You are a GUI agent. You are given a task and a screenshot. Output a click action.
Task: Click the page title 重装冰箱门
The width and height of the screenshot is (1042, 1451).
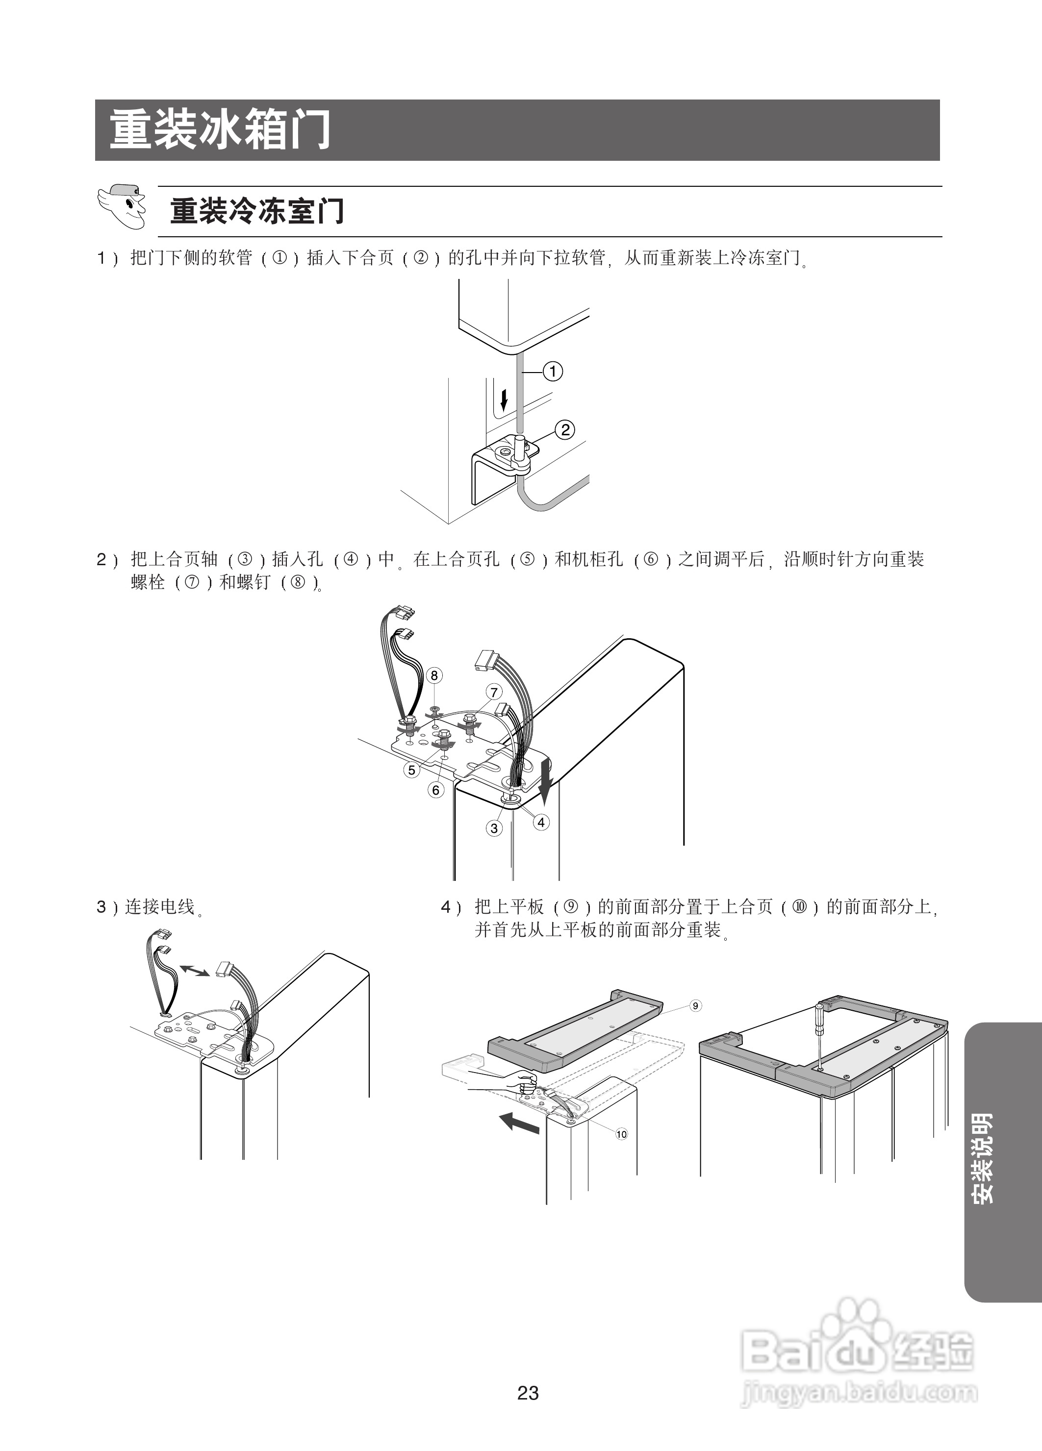click(220, 130)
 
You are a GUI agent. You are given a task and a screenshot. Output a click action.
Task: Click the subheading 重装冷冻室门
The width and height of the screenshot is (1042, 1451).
click(256, 211)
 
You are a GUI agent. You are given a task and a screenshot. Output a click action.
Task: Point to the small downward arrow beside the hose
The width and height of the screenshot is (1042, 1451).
click(504, 401)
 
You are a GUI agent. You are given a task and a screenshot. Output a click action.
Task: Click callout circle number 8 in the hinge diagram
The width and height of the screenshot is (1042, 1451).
click(434, 675)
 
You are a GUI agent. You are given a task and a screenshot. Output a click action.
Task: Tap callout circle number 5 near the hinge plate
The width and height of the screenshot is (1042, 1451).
click(411, 770)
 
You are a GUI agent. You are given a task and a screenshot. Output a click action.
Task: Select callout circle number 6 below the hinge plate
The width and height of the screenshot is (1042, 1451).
click(436, 790)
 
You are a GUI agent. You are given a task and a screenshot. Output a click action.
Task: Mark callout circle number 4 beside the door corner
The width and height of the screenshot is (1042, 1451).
click(541, 822)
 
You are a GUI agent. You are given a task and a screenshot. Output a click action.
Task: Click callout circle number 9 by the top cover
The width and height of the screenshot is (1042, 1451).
click(696, 1006)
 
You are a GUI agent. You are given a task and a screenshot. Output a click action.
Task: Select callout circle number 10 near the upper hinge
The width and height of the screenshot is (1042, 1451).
click(621, 1134)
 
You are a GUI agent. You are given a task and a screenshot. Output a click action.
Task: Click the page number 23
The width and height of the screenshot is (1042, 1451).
click(528, 1393)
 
